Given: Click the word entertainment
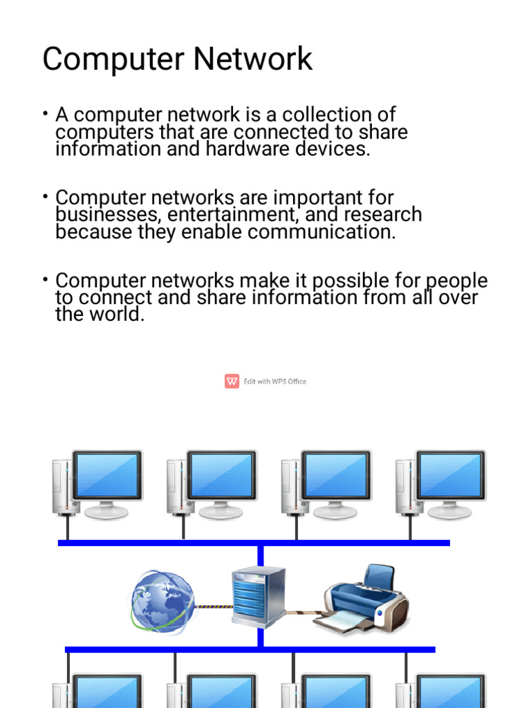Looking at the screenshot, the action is [235, 214].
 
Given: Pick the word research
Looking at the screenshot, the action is [380, 214].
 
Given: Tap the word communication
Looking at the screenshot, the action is [322, 232].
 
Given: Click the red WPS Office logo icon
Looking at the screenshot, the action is [232, 381].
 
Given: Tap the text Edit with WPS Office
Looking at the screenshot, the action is [274, 382].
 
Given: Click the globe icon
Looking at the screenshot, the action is [162, 601].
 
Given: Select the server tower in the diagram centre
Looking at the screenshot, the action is [259, 596].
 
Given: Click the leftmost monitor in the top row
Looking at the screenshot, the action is [107, 476].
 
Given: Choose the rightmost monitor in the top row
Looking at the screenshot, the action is [450, 476].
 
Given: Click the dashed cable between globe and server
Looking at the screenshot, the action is [212, 607].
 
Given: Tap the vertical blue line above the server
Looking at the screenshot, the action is [261, 556].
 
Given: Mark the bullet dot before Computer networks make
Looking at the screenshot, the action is [44, 279].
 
